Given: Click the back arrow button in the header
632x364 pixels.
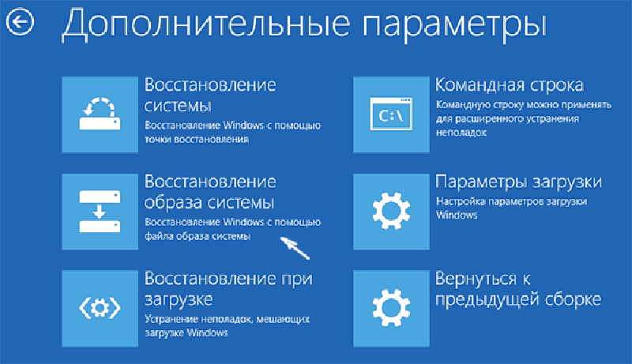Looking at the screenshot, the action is [x=20, y=22].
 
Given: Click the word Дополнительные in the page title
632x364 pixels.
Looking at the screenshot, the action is [x=206, y=24].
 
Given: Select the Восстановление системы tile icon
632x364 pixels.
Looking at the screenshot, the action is [x=100, y=114].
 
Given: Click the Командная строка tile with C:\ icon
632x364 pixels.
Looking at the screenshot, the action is [x=391, y=114].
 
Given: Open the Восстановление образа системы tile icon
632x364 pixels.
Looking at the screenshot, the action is [x=100, y=212].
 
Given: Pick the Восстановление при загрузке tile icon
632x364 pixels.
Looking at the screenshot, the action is [x=100, y=309].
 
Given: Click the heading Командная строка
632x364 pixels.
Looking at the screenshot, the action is [x=510, y=85].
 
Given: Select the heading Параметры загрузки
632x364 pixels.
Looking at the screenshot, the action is [x=519, y=182].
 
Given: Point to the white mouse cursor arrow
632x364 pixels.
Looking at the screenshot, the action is [x=294, y=247].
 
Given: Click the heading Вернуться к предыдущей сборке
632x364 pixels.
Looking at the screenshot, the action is [x=518, y=289].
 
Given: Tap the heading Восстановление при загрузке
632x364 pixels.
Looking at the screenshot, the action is [x=228, y=289].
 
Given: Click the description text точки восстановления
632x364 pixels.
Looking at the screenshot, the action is [x=197, y=139].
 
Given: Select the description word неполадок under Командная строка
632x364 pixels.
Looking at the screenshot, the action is [x=461, y=133].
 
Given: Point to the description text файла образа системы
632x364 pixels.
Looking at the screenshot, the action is [x=197, y=236].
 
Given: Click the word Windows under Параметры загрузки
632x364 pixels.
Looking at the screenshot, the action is [x=457, y=215].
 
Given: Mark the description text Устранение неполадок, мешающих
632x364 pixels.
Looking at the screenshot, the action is [x=227, y=320].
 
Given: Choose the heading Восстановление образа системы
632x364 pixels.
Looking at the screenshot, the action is [x=210, y=192].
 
